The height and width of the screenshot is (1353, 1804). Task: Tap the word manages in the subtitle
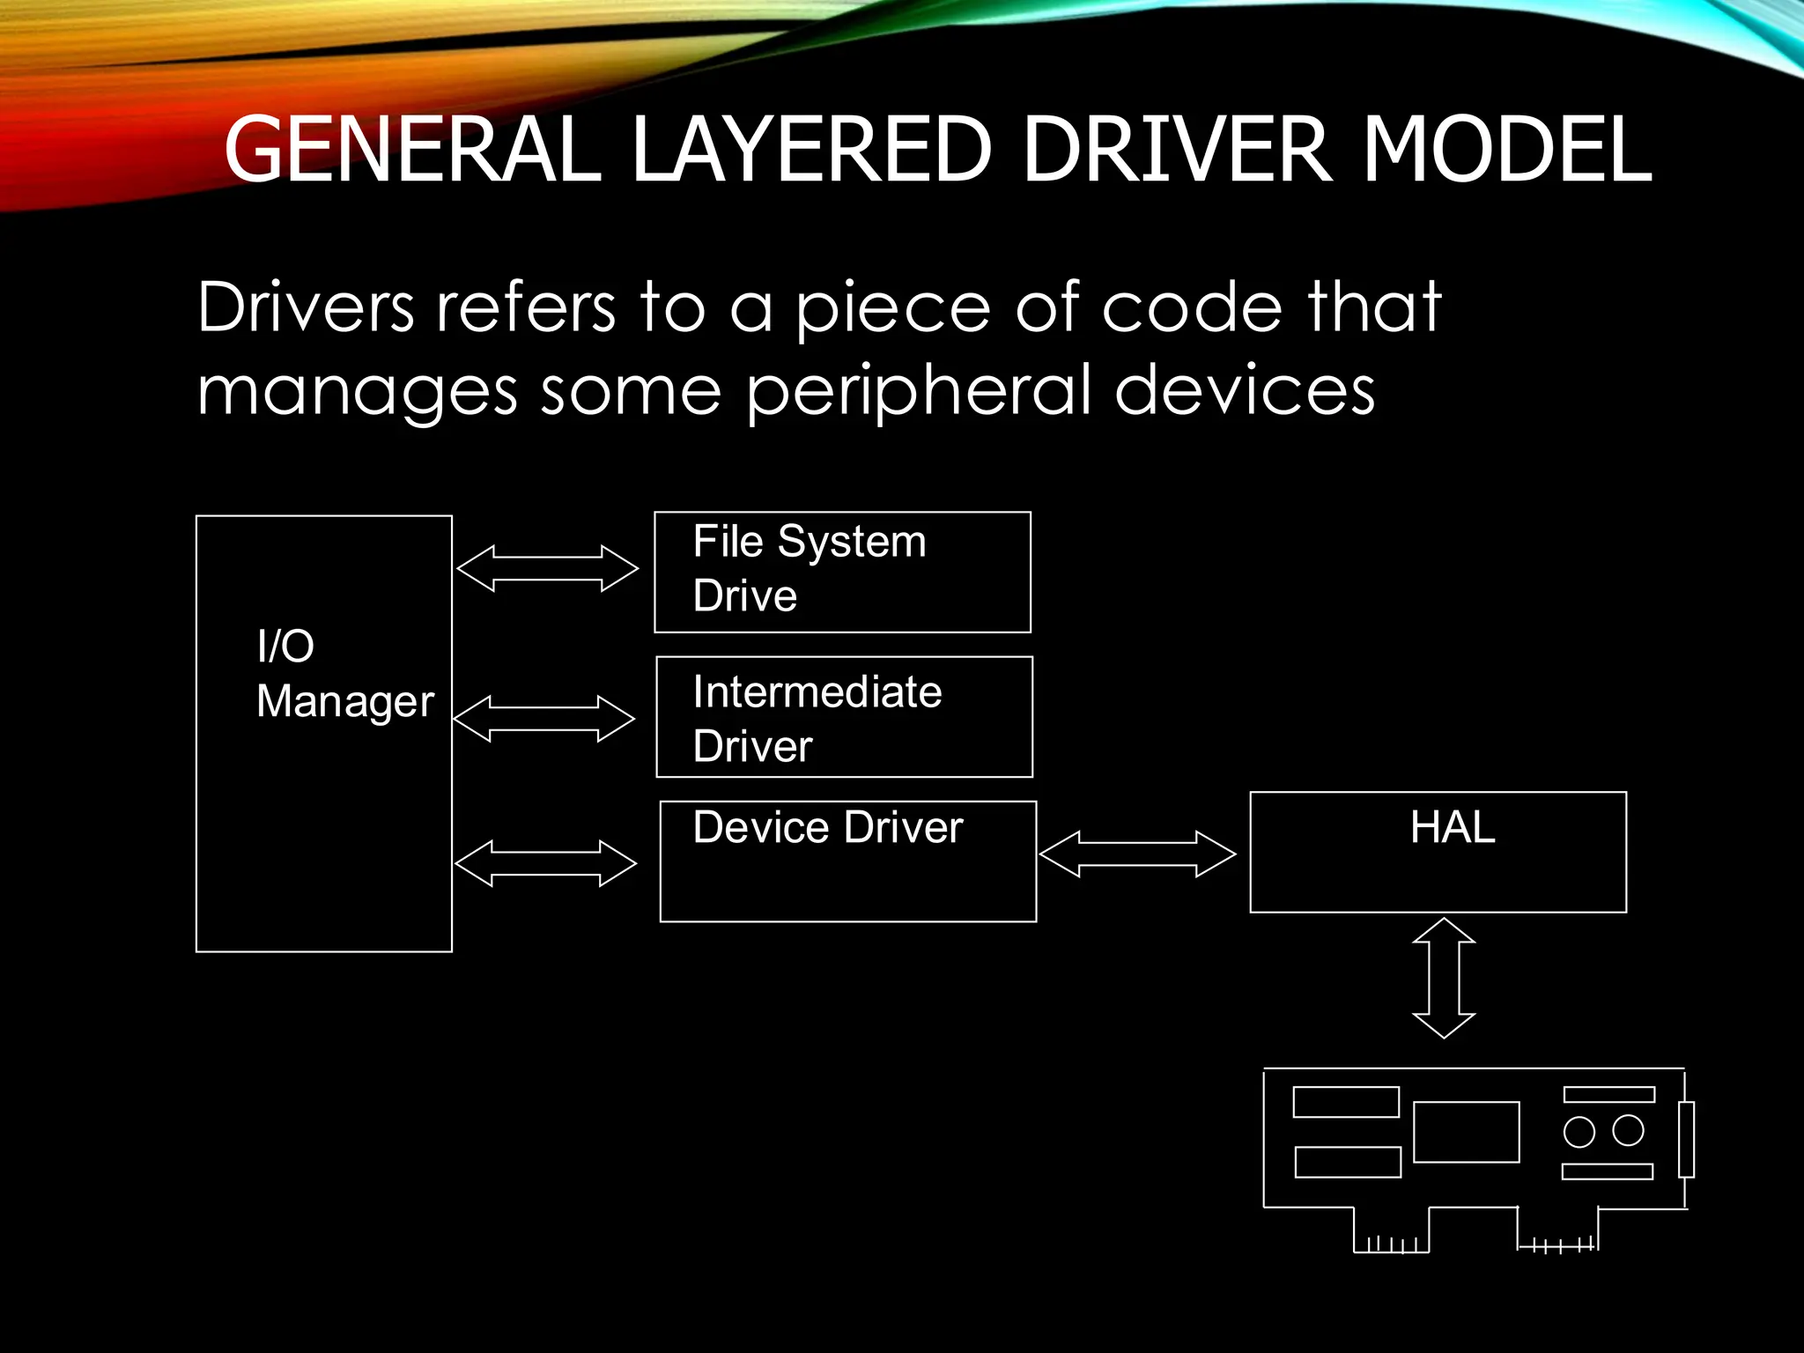(357, 392)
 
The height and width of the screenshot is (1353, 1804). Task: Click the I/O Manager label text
(344, 674)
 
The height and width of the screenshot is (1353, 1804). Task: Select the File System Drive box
(842, 572)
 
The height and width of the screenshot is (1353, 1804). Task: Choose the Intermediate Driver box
(844, 717)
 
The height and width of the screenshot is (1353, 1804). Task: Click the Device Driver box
(847, 861)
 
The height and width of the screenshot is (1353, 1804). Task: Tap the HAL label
(1453, 828)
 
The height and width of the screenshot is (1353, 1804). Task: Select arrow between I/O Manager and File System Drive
(547, 568)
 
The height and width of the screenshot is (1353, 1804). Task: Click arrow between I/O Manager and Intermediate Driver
(543, 719)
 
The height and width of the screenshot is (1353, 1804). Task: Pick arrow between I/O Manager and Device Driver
(545, 863)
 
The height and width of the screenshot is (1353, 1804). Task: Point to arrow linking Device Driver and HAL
(1137, 854)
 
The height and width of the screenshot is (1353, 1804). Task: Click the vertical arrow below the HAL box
(1444, 978)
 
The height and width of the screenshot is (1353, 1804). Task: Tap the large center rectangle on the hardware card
(1466, 1132)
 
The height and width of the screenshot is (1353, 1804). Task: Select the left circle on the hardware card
(1579, 1132)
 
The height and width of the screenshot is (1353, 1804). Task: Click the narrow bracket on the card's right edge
(1686, 1139)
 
